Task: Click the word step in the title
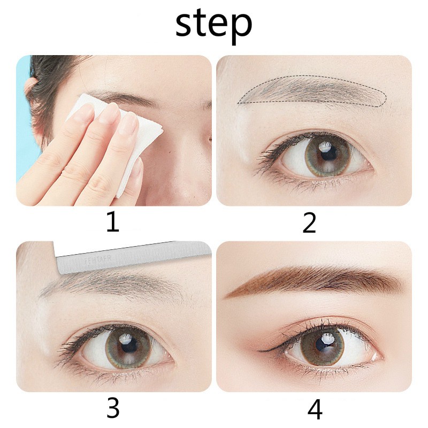[x=213, y=25]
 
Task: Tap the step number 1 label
[x=112, y=222]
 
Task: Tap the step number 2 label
[x=309, y=223]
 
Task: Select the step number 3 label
[x=112, y=409]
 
